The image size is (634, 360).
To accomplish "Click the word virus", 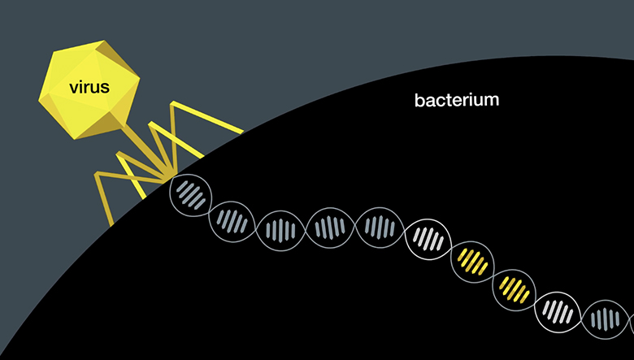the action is point(89,87).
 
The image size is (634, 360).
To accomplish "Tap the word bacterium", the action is point(457,100).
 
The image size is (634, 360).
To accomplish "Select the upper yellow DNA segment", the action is point(472,262).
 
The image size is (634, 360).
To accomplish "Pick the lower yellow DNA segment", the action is point(515,289).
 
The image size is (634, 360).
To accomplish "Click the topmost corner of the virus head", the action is point(104,41).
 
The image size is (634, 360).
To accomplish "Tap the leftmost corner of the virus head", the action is point(39,100).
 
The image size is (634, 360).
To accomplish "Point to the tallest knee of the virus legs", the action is point(172,103).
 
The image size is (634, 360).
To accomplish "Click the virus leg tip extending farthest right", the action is point(242,131).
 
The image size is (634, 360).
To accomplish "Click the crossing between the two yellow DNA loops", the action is point(493,276).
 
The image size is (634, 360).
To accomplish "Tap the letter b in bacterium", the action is point(419,100).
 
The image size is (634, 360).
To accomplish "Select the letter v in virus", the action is point(74,89).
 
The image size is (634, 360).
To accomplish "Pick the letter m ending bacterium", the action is point(493,102).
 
